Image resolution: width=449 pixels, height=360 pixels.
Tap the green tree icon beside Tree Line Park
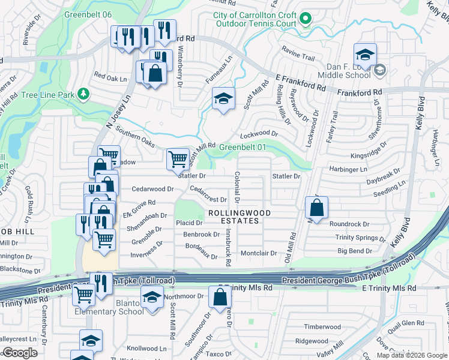(84, 94)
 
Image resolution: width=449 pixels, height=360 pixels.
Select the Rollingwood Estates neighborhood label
(239, 217)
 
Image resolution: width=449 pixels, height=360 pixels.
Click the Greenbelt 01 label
(242, 147)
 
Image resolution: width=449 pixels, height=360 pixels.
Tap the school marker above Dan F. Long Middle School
(364, 55)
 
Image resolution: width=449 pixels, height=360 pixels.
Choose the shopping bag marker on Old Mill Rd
(317, 208)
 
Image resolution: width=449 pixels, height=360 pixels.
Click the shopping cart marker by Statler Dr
(178, 160)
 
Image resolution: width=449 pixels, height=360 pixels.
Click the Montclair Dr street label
(258, 253)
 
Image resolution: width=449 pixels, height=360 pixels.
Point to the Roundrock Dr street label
(349, 224)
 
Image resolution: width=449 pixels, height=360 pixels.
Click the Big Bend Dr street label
(354, 251)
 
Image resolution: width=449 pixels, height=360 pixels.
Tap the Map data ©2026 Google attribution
(411, 355)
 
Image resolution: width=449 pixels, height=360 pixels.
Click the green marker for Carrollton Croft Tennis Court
(305, 19)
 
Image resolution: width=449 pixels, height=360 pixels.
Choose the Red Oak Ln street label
(112, 77)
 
